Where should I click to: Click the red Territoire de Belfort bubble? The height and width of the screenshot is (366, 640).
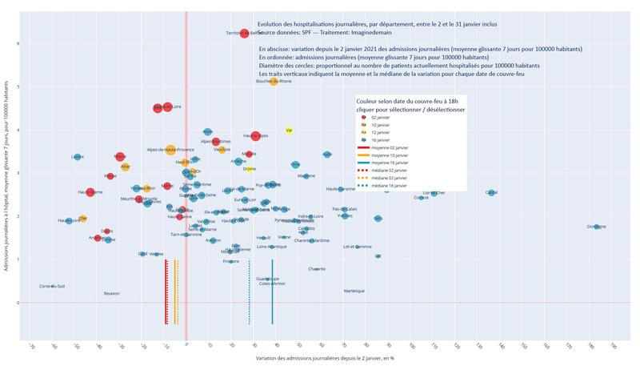[244, 34]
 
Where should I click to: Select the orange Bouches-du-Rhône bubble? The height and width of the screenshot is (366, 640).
[274, 82]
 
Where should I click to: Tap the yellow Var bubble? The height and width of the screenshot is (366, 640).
[289, 130]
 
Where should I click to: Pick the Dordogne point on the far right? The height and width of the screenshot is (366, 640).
[596, 227]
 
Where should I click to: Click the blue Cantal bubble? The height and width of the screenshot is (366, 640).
[491, 193]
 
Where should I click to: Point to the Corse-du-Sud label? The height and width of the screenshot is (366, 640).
[52, 286]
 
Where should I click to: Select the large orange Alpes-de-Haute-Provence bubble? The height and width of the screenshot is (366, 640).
[170, 150]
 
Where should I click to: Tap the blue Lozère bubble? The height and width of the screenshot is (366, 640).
[78, 157]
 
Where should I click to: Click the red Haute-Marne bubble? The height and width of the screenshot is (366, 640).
[90, 192]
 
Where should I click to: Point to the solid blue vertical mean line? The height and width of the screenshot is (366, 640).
[273, 292]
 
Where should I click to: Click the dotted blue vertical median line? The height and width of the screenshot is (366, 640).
[250, 292]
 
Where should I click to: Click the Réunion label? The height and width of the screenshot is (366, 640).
[111, 293]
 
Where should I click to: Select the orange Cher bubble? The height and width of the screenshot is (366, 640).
[82, 218]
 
